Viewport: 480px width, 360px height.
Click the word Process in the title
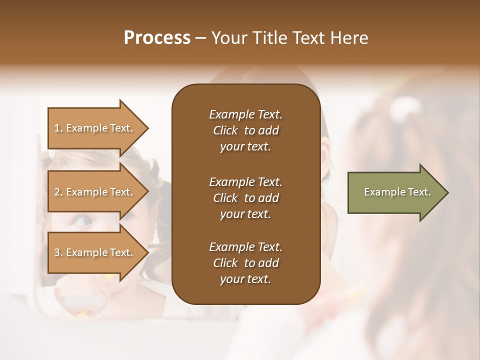pos(157,38)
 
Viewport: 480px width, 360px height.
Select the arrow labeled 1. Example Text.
pos(95,128)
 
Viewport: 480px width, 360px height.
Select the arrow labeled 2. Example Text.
pos(95,192)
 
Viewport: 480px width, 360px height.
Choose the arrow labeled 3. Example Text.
pos(95,252)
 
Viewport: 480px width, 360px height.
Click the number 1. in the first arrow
pos(58,128)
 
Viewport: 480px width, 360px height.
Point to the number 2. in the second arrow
pos(58,192)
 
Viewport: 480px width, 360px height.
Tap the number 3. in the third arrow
pos(58,252)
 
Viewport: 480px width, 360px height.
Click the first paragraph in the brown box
pos(245,130)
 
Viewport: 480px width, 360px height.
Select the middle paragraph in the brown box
pos(245,197)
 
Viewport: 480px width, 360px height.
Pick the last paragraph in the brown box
pos(245,263)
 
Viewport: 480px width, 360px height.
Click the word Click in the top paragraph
pos(225,130)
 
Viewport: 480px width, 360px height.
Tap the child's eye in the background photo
pos(83,220)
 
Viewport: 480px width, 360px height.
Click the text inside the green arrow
pos(397,192)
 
